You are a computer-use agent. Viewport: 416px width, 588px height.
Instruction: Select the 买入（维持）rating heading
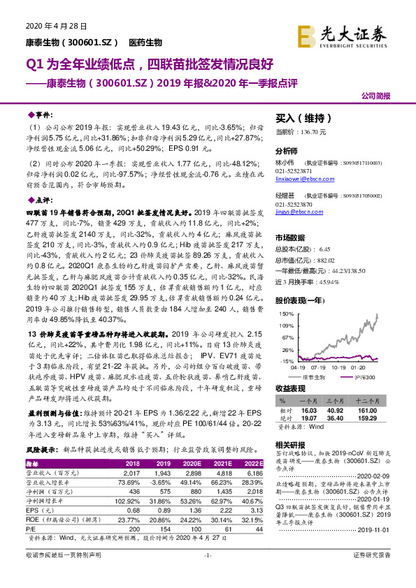click(303, 119)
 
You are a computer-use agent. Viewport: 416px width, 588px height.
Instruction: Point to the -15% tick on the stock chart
click(286, 360)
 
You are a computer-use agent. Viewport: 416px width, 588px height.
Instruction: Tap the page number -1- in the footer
click(208, 574)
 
